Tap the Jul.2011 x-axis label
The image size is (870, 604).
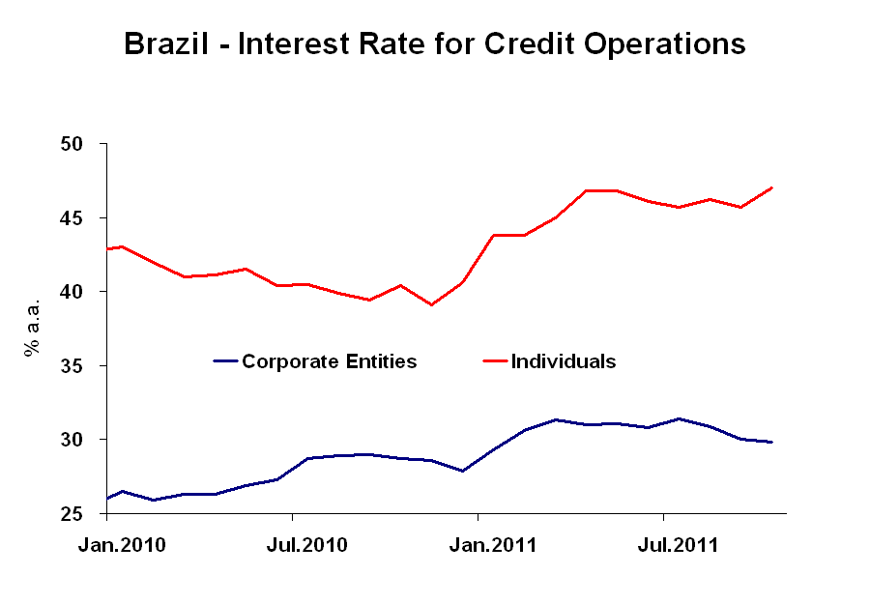click(679, 545)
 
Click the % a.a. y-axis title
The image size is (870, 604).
click(32, 330)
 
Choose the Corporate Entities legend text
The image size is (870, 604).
click(329, 361)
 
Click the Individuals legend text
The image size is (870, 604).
click(564, 361)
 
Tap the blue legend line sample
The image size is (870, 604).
click(225, 361)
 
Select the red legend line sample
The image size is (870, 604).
click(495, 361)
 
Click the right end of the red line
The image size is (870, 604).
click(771, 187)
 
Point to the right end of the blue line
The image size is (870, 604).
click(771, 442)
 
